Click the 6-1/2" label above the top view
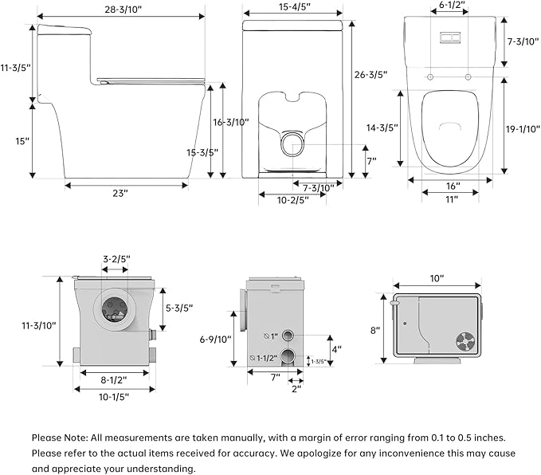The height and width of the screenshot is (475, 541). click(452, 6)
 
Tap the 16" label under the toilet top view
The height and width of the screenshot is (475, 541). click(453, 186)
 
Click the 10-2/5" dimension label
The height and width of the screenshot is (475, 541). click(292, 200)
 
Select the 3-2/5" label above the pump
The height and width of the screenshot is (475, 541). click(116, 260)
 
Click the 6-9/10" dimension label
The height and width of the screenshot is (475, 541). click(216, 340)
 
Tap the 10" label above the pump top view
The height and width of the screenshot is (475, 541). click(437, 279)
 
